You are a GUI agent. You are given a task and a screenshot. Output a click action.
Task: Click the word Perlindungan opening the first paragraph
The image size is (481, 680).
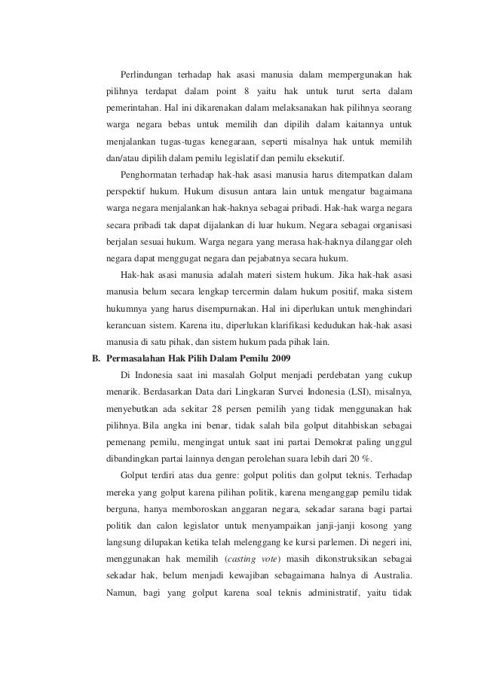pos(146,74)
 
